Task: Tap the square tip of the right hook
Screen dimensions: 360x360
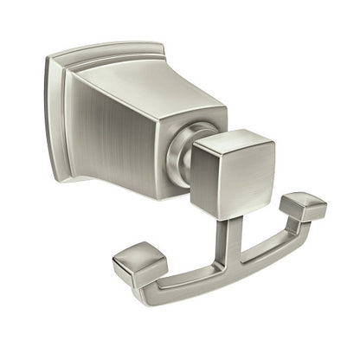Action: coord(303,206)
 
